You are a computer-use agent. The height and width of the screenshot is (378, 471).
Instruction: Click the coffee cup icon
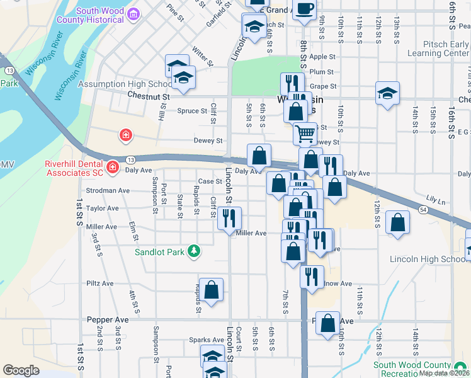[305, 9]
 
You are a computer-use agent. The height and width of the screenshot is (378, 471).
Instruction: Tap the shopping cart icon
[305, 133]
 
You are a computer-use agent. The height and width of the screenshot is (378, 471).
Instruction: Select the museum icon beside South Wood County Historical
[133, 14]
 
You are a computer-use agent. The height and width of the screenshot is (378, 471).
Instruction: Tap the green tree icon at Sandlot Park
[195, 251]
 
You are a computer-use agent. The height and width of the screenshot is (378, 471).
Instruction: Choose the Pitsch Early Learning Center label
[438, 49]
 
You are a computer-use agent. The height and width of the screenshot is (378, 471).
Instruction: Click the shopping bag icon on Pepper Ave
[327, 323]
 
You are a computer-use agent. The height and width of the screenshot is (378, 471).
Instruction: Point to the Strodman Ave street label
[108, 190]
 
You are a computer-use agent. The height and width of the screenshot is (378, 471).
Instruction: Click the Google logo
[21, 370]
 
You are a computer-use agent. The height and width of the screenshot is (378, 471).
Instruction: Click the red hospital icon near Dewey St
[126, 135]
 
